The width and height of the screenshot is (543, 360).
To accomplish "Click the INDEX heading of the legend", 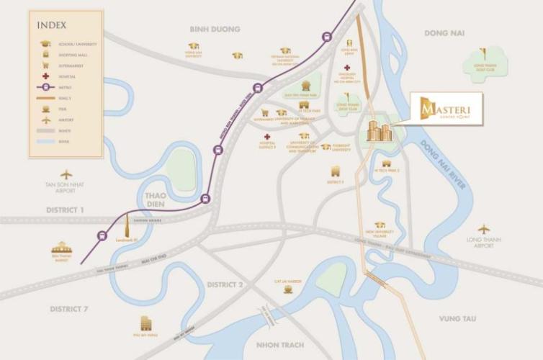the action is (x=52, y=25).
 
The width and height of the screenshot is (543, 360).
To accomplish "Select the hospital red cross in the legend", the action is (x=45, y=76).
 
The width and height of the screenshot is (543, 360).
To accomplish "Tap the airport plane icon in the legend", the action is (x=45, y=119).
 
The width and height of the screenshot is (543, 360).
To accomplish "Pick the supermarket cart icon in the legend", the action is (x=45, y=65).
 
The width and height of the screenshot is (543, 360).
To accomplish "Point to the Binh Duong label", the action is (x=215, y=30).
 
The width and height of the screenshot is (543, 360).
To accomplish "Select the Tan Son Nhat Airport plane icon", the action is (x=67, y=174).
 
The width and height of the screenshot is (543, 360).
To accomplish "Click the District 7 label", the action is (x=68, y=309).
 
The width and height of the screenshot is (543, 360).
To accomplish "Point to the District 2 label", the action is (x=225, y=284).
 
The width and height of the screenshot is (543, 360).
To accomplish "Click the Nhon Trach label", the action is (x=277, y=344).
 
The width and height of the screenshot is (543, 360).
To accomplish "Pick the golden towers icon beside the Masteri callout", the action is (x=378, y=130).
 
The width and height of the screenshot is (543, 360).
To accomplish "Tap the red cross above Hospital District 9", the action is (x=267, y=136).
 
